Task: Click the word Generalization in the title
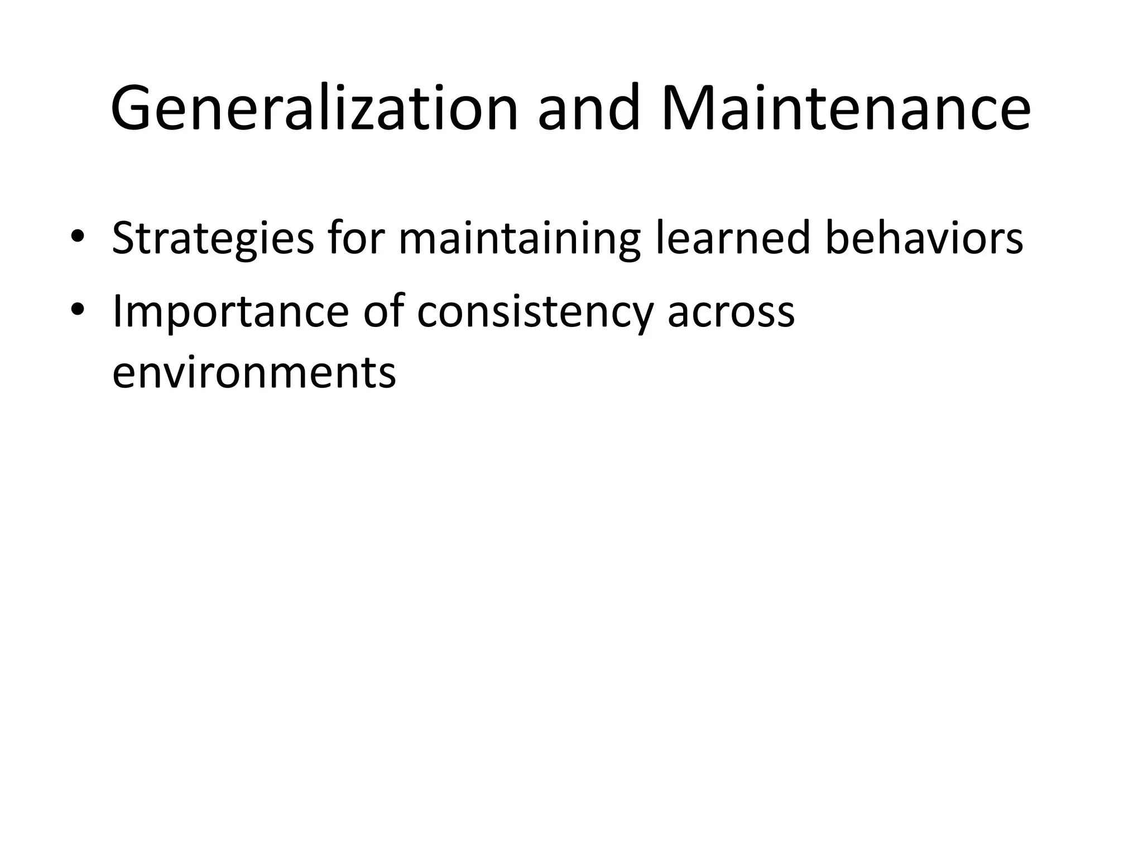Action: coord(315,108)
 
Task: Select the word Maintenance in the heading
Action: coord(845,108)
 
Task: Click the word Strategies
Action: coord(213,239)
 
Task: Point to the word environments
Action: coord(254,373)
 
